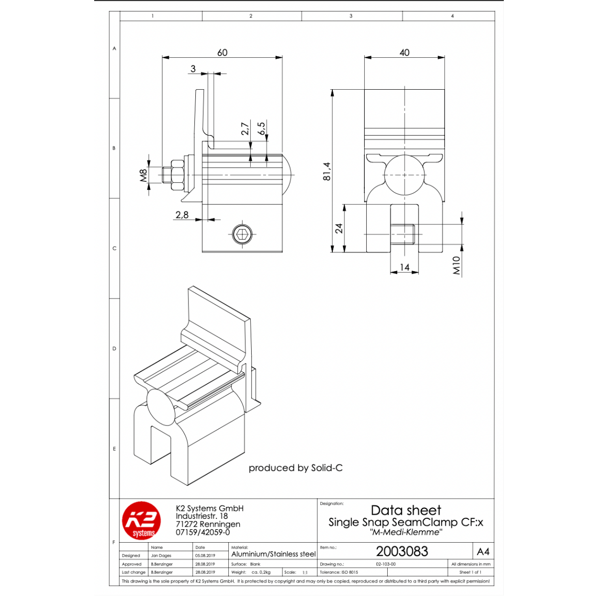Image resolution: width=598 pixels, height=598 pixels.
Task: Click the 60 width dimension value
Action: pyautogui.click(x=222, y=52)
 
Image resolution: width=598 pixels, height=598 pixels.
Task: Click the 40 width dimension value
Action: pyautogui.click(x=404, y=52)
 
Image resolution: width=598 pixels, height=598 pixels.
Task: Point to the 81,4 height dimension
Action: pyautogui.click(x=327, y=171)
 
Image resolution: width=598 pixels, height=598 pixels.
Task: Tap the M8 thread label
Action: pyautogui.click(x=143, y=175)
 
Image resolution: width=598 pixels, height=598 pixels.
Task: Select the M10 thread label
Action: pyautogui.click(x=456, y=265)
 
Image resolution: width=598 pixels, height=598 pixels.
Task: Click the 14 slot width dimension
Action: pyautogui.click(x=404, y=267)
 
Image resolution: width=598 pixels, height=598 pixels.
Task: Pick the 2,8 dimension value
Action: pyautogui.click(x=182, y=214)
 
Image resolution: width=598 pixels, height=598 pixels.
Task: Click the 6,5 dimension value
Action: pyautogui.click(x=262, y=128)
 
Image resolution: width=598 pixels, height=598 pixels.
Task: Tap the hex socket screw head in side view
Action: pyautogui.click(x=242, y=234)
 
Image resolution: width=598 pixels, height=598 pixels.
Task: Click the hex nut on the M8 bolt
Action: pyautogui.click(x=177, y=175)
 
